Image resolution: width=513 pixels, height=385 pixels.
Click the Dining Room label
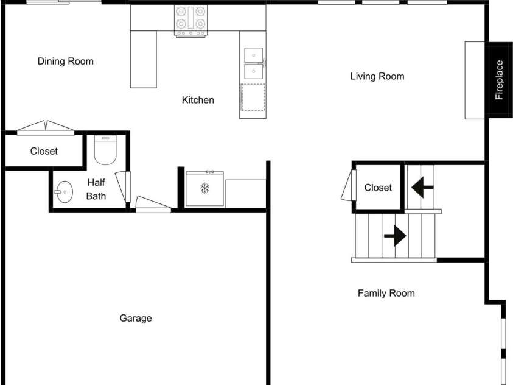tap(66, 61)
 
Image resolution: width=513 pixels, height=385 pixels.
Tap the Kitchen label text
tap(198, 100)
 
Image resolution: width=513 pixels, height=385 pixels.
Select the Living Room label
tap(377, 76)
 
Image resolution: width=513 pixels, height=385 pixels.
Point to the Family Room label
tap(386, 293)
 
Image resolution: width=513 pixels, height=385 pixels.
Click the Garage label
tap(136, 318)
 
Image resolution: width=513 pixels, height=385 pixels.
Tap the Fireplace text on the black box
tap(499, 80)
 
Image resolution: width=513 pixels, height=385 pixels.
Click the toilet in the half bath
tap(105, 150)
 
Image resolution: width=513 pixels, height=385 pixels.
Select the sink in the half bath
tap(63, 192)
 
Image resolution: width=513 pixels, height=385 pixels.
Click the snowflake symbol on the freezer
tap(205, 188)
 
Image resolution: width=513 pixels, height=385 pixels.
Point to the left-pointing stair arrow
tap(422, 188)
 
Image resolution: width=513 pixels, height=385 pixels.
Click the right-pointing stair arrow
tap(395, 236)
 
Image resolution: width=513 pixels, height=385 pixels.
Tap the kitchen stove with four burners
tap(191, 21)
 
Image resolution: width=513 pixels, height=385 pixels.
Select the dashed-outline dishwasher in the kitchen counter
tap(253, 97)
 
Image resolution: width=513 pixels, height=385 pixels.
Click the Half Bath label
tap(96, 189)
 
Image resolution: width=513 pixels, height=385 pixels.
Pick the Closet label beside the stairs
tap(378, 188)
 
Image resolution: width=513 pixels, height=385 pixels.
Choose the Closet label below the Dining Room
tap(44, 151)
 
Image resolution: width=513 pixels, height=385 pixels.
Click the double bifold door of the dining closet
tap(46, 128)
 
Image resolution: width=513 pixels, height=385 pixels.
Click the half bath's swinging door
tap(123, 186)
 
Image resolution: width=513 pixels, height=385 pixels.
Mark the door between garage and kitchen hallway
tap(153, 204)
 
